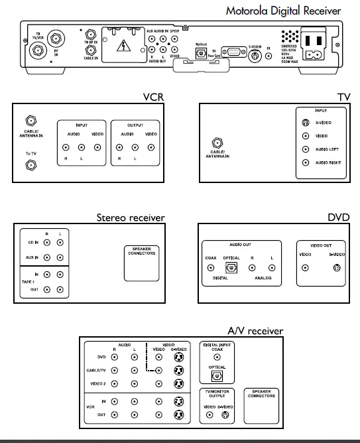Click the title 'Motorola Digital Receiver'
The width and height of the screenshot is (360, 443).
click(x=283, y=11)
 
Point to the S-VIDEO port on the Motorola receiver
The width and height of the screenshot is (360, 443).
click(x=255, y=56)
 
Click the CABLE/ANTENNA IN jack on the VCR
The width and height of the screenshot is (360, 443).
click(x=29, y=121)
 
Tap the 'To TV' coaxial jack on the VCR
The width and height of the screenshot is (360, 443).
click(x=29, y=166)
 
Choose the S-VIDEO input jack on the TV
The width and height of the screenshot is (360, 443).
click(x=306, y=123)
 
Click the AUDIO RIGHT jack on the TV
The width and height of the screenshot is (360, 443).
click(x=306, y=162)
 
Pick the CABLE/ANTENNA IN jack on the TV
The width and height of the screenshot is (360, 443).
click(x=216, y=143)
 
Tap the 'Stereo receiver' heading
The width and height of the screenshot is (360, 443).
click(x=131, y=217)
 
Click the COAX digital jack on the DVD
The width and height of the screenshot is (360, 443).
click(x=211, y=269)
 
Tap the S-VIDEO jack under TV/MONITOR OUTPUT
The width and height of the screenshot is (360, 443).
click(x=225, y=415)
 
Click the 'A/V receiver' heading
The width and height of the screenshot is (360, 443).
click(x=255, y=331)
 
